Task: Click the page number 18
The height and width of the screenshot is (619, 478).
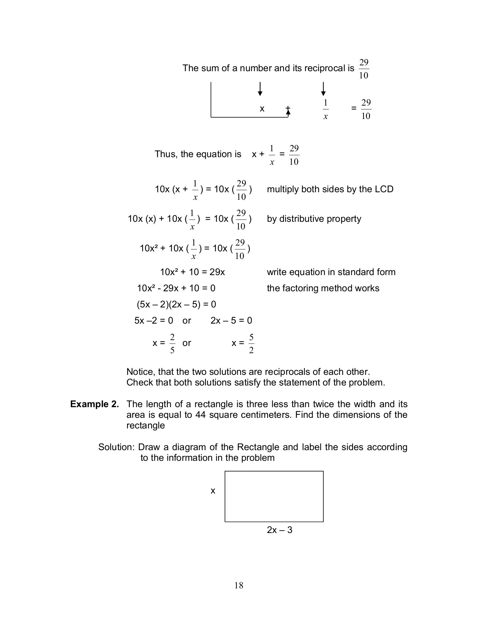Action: tap(239, 585)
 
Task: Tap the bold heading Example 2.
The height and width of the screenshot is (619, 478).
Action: tap(95, 404)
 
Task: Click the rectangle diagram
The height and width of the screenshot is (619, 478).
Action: tap(274, 496)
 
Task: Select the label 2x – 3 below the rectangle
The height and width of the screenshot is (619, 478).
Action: tap(279, 530)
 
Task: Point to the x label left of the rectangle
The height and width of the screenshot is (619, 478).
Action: tap(213, 491)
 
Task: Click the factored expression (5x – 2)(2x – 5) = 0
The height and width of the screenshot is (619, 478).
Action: tap(176, 304)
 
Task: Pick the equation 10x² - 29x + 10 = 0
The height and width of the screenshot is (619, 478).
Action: tap(176, 288)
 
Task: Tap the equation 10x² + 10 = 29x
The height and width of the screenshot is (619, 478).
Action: tap(192, 272)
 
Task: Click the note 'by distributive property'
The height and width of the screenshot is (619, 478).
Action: tap(314, 219)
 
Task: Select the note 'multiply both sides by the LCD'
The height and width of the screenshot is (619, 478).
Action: tap(330, 189)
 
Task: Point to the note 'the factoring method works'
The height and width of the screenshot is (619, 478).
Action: tap(323, 288)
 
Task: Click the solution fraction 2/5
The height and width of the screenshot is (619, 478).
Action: tap(172, 343)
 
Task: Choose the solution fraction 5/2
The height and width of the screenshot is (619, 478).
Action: tap(251, 343)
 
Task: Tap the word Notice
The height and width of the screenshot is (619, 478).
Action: tap(141, 372)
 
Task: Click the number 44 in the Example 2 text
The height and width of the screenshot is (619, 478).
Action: tap(200, 415)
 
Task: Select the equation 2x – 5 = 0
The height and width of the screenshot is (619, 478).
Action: tap(231, 321)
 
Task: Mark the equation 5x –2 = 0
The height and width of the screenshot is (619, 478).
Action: tap(154, 321)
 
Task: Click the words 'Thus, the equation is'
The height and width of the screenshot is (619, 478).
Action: tap(198, 154)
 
